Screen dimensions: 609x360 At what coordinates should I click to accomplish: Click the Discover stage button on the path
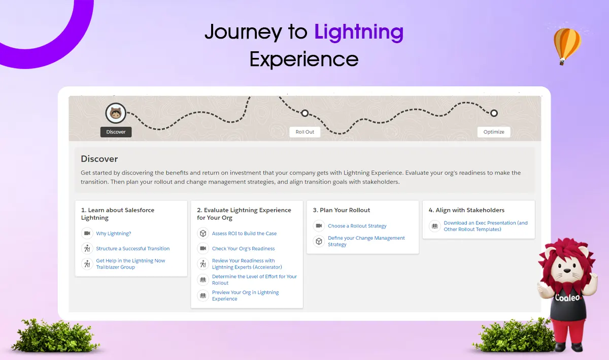click(116, 132)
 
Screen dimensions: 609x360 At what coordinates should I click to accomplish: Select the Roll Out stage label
click(305, 132)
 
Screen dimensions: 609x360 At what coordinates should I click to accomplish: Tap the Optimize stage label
click(494, 132)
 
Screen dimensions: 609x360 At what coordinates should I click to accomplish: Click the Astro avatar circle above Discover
click(116, 113)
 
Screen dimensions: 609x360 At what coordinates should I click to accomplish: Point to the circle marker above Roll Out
click(305, 113)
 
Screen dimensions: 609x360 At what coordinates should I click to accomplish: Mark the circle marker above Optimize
click(494, 113)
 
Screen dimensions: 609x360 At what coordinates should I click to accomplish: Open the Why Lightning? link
click(114, 234)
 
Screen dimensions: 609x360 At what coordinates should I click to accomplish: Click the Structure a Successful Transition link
click(132, 248)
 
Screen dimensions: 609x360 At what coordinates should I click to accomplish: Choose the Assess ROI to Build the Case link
click(244, 234)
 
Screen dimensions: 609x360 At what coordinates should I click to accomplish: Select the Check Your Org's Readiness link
click(243, 248)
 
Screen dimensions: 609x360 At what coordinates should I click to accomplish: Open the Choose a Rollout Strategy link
click(357, 226)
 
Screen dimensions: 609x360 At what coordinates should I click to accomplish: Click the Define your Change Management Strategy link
click(366, 241)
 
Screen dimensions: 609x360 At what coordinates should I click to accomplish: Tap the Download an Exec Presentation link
click(486, 226)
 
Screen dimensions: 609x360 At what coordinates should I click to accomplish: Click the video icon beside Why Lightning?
click(87, 233)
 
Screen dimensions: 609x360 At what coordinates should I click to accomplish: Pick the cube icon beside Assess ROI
click(203, 233)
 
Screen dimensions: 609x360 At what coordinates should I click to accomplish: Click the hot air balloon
click(567, 46)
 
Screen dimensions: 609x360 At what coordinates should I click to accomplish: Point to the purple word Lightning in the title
click(359, 32)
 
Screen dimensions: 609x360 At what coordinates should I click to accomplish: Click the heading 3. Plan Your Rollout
click(341, 210)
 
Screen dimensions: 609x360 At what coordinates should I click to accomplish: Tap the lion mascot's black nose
click(567, 271)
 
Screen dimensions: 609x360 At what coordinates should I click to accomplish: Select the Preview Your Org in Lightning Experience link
click(245, 296)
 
